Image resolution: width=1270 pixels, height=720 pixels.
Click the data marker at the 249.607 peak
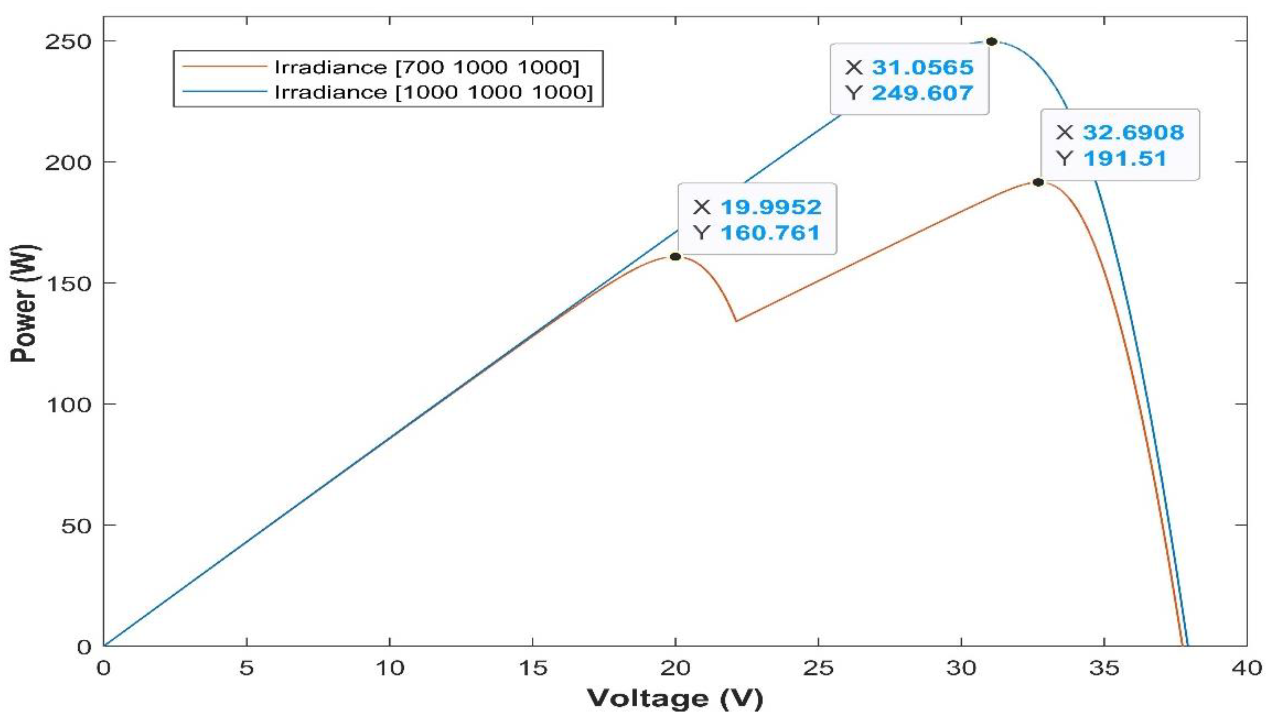[x=991, y=42]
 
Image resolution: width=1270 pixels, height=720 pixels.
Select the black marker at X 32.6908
[x=1038, y=182]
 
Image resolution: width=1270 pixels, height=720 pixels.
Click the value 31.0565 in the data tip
[x=922, y=67]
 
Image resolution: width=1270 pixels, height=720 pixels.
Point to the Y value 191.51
[x=1125, y=159]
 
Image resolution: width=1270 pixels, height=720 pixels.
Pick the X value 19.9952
[x=771, y=207]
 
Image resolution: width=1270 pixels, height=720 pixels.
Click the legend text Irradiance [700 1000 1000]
[x=427, y=67]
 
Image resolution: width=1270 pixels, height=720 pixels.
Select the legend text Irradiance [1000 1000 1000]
[x=434, y=92]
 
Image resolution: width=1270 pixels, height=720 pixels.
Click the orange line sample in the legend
[x=224, y=66]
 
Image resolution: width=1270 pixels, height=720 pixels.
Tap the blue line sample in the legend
[x=224, y=91]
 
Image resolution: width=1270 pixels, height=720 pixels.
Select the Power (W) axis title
[x=23, y=303]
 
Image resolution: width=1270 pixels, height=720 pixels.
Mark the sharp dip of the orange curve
[x=736, y=321]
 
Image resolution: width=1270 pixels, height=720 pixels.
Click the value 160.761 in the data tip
[x=771, y=232]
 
